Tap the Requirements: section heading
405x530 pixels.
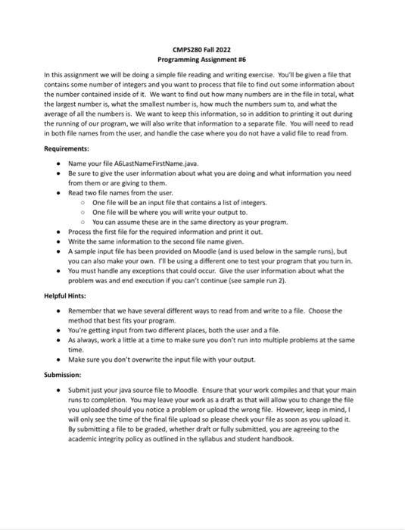pyautogui.click(x=67, y=149)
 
